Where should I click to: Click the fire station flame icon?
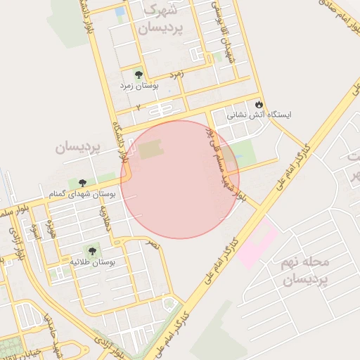click(x=259, y=104)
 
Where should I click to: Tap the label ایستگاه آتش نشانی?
click(x=259, y=114)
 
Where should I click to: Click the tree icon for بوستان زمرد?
click(x=138, y=74)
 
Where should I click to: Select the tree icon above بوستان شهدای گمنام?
click(x=84, y=184)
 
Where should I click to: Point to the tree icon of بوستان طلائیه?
click(x=91, y=251)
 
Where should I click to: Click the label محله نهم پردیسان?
click(x=304, y=271)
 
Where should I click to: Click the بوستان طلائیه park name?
click(x=91, y=262)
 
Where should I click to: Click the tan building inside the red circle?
click(x=150, y=150)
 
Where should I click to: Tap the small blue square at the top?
click(x=120, y=11)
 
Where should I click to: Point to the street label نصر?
click(x=152, y=244)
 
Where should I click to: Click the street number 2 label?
click(x=139, y=107)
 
